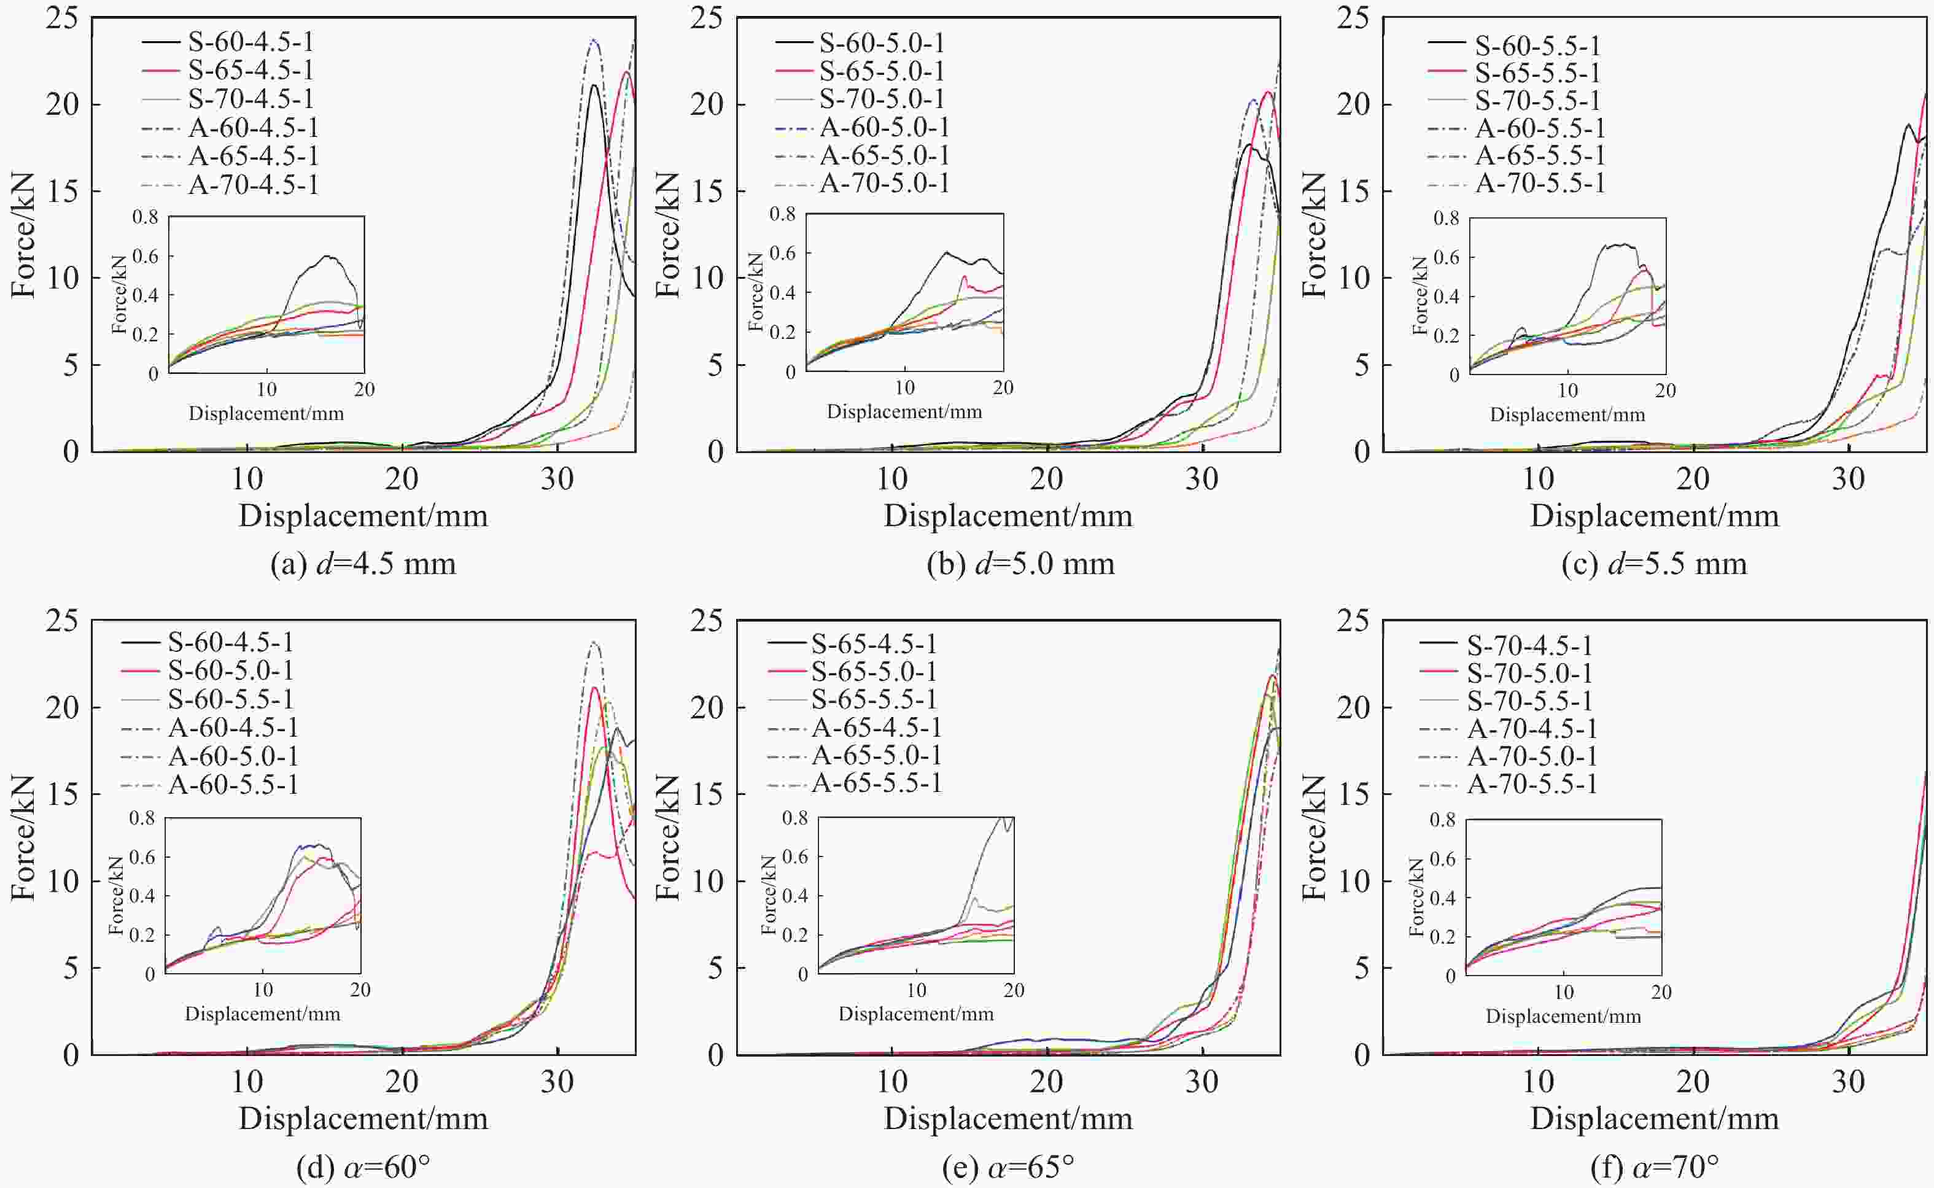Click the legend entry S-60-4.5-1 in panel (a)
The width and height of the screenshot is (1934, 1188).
point(250,42)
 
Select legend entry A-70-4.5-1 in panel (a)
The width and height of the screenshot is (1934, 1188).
point(253,185)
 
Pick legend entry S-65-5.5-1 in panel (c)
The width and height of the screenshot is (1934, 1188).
point(1537,73)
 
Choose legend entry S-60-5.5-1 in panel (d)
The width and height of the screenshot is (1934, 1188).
point(230,699)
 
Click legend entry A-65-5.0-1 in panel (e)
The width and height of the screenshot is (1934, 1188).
point(876,755)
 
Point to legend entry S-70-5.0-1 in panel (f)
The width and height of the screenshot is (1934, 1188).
point(1529,674)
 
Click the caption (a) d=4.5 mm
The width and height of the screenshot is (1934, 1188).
point(363,564)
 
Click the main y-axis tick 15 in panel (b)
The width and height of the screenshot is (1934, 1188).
point(707,191)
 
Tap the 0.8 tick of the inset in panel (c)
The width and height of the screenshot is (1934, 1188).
point(1446,219)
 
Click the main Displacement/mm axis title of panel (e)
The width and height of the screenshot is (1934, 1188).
point(1009,1119)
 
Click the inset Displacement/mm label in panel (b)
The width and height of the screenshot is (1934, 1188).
point(904,412)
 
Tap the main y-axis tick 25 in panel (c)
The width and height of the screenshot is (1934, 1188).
point(1353,17)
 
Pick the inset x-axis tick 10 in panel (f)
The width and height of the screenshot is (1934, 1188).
point(1564,992)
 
